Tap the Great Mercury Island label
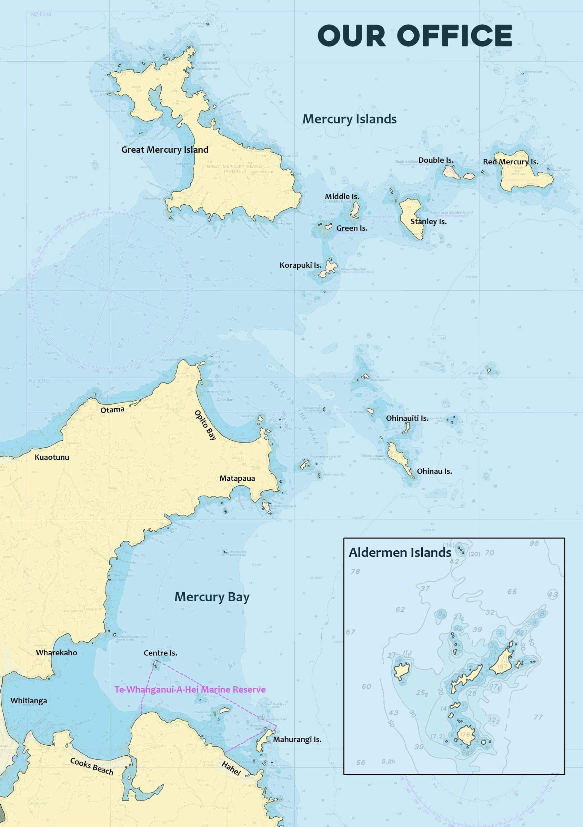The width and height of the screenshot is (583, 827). (x=165, y=150)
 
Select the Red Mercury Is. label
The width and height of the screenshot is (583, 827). (x=511, y=162)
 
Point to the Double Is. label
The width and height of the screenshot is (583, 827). (x=436, y=160)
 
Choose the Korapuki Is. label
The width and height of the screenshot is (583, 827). (x=301, y=265)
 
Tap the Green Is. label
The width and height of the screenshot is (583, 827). (x=352, y=228)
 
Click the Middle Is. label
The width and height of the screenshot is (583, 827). (x=342, y=196)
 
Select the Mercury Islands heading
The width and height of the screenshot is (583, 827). (x=349, y=119)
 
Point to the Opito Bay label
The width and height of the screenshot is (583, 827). (x=206, y=425)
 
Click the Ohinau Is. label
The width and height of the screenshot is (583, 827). (x=434, y=471)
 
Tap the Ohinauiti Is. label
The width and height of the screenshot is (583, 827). (x=407, y=418)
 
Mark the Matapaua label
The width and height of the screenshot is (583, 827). (x=237, y=478)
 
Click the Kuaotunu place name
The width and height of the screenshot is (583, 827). (x=52, y=457)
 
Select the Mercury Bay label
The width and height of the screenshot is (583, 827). (x=212, y=597)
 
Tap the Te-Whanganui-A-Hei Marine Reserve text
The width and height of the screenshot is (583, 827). (x=190, y=690)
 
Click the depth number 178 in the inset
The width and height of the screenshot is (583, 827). (x=464, y=734)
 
